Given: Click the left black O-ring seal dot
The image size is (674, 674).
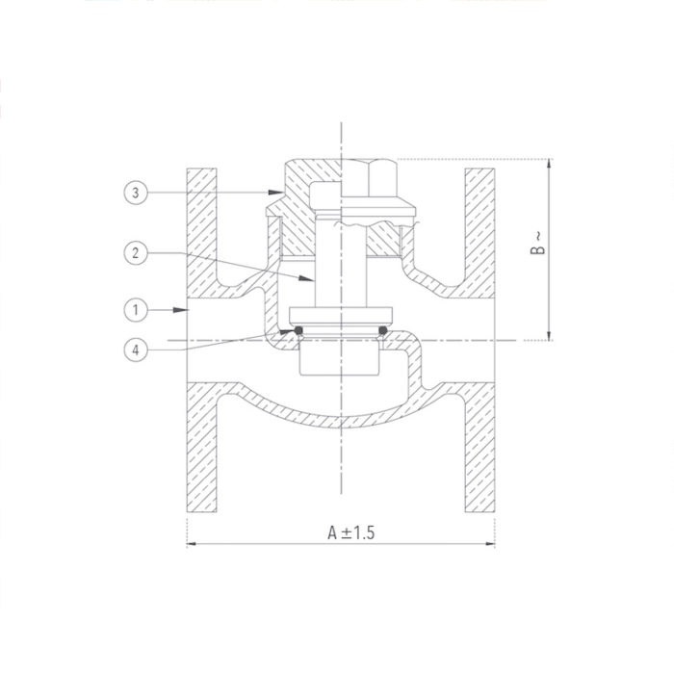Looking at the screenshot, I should pos(298,332).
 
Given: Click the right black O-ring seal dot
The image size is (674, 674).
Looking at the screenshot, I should pos(382,332).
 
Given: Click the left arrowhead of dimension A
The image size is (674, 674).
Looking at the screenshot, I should pos(190,545).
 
